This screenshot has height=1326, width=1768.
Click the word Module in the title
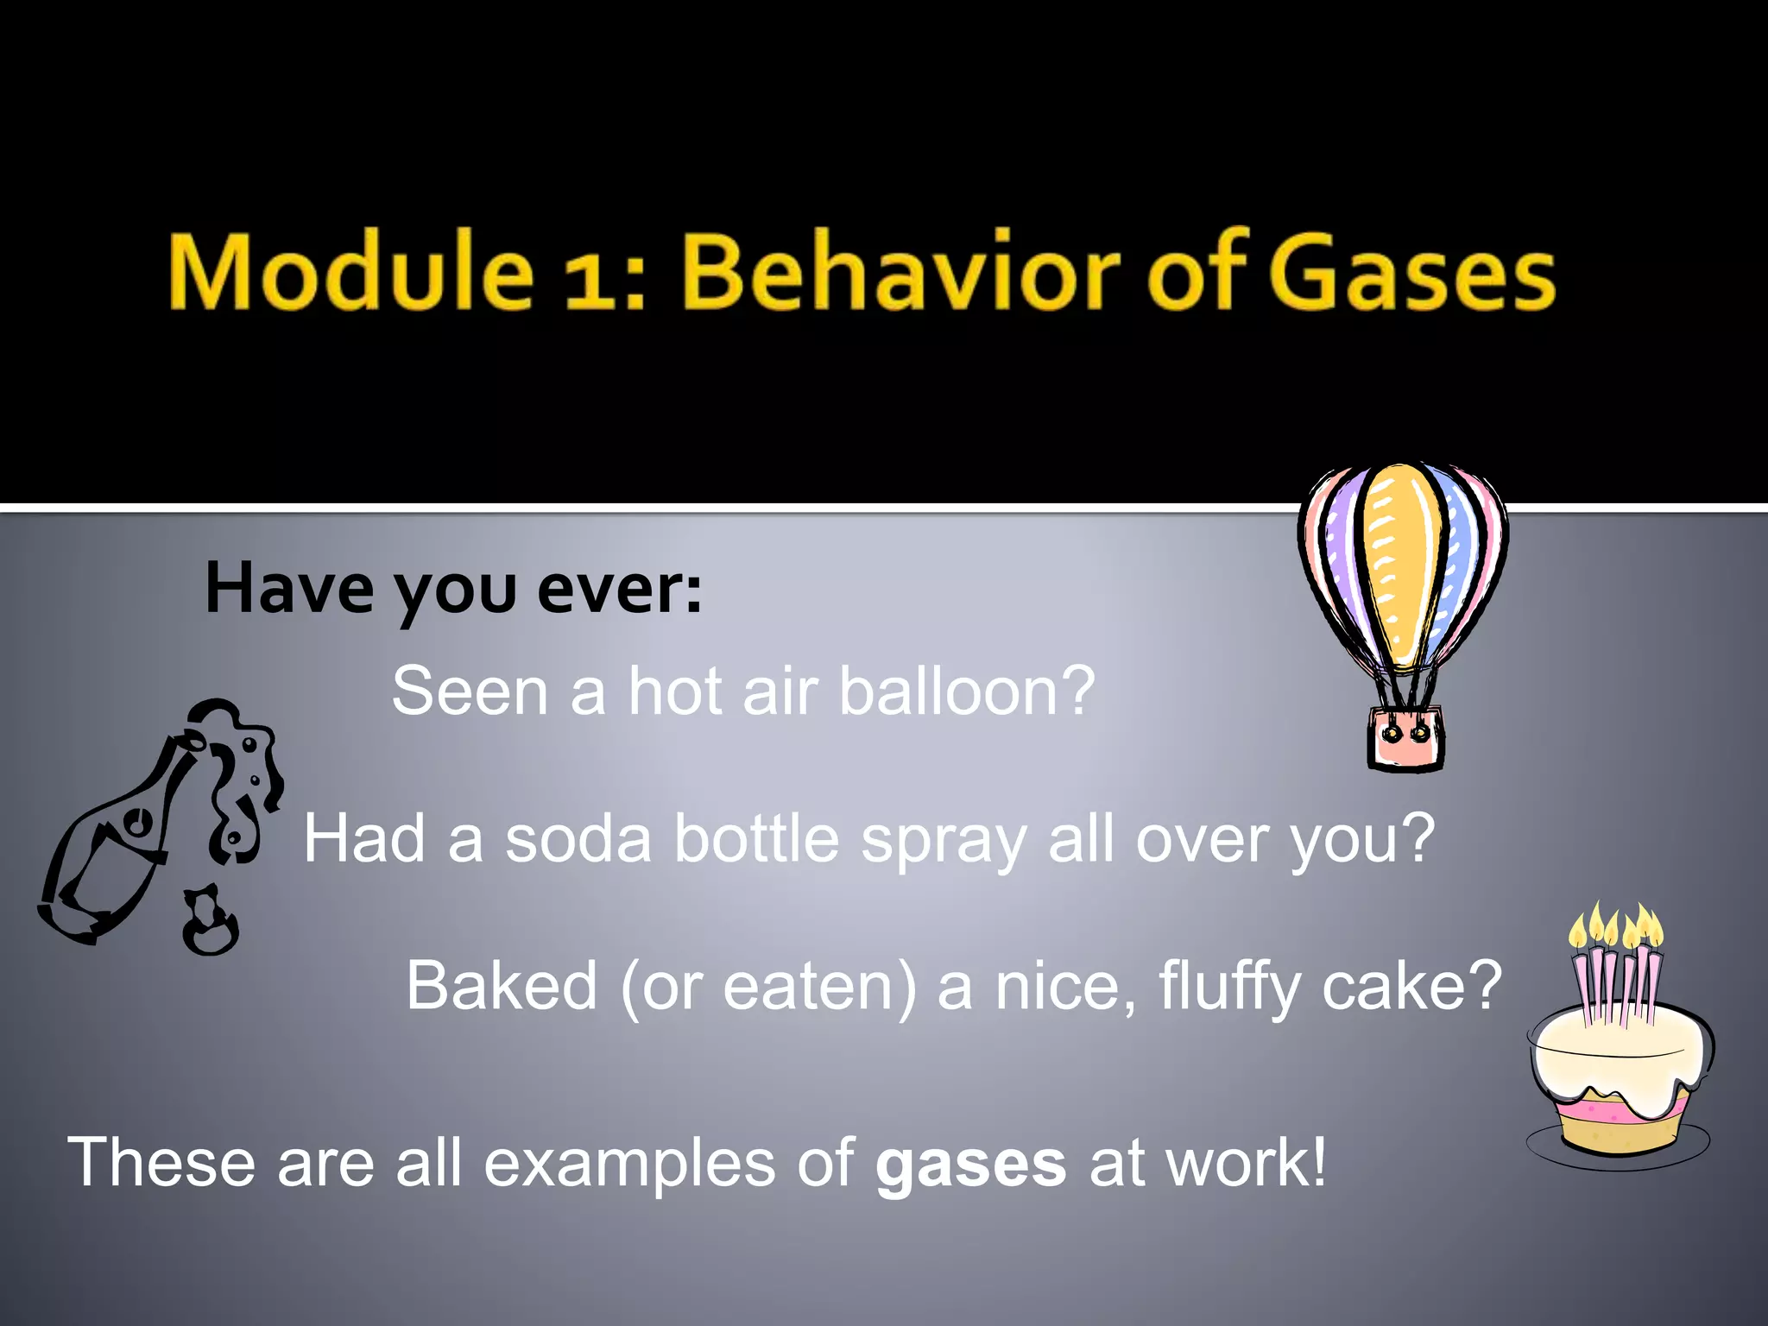coord(350,271)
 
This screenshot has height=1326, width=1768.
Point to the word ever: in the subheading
coord(619,590)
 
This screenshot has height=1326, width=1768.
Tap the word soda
coord(578,839)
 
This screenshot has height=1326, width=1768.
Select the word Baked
coord(502,986)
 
